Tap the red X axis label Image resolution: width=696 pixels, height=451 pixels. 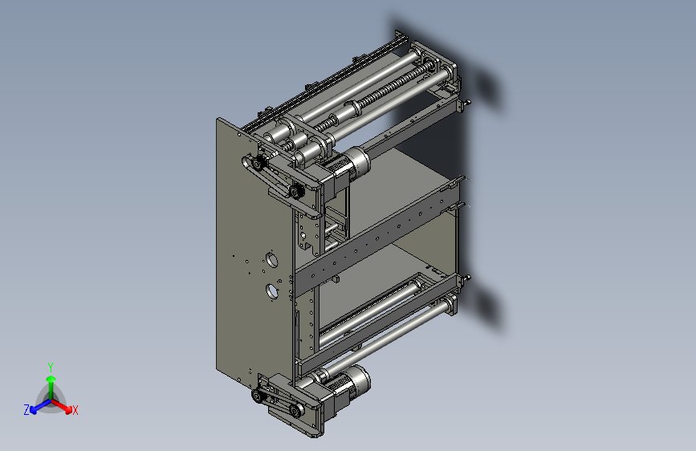click(75, 410)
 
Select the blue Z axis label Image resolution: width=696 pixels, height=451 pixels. click(26, 409)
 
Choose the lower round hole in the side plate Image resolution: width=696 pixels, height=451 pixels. click(272, 290)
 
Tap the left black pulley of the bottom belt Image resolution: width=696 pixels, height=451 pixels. click(258, 396)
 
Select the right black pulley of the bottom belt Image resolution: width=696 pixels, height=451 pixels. click(295, 412)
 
